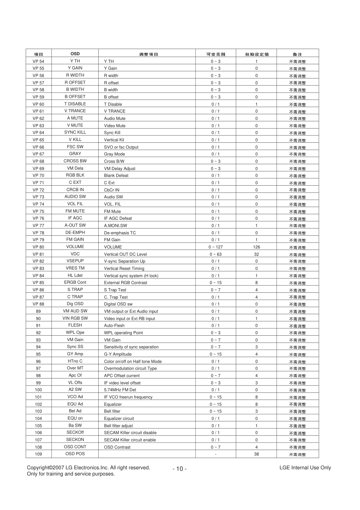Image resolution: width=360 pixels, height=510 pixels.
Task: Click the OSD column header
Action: coord(75,54)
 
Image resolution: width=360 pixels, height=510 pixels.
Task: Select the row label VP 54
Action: coord(38,61)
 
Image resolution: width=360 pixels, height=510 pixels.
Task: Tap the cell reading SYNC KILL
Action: coord(75,133)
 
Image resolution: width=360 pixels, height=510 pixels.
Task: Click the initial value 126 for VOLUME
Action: coord(256,247)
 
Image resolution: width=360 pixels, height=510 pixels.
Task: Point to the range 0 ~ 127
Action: coord(216,247)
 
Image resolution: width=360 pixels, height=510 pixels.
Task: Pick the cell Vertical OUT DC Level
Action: coord(125,254)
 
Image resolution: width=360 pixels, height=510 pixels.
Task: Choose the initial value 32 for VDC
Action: coord(256,254)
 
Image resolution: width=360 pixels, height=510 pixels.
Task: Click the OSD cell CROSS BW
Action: coord(75,161)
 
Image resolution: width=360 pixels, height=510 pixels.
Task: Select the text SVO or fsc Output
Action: coord(121,147)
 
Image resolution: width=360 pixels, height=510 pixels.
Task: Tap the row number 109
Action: coord(38,454)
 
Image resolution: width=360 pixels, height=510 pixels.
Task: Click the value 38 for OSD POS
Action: coord(256,454)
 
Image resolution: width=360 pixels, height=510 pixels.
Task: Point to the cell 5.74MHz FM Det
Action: coord(120,390)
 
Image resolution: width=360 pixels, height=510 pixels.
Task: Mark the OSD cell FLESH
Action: coord(75,325)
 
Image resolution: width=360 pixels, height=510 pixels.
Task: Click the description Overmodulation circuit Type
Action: coord(130,368)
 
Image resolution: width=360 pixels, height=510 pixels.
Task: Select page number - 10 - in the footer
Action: coord(180,469)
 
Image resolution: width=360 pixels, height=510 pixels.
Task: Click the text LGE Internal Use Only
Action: coord(305,468)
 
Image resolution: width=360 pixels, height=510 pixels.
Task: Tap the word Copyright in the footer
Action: coord(38,468)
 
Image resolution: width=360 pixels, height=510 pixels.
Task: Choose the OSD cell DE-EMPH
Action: coord(75,232)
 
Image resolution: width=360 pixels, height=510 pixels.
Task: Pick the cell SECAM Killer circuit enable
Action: coord(130,440)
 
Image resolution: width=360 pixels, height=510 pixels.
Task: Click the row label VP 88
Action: coord(38,304)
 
